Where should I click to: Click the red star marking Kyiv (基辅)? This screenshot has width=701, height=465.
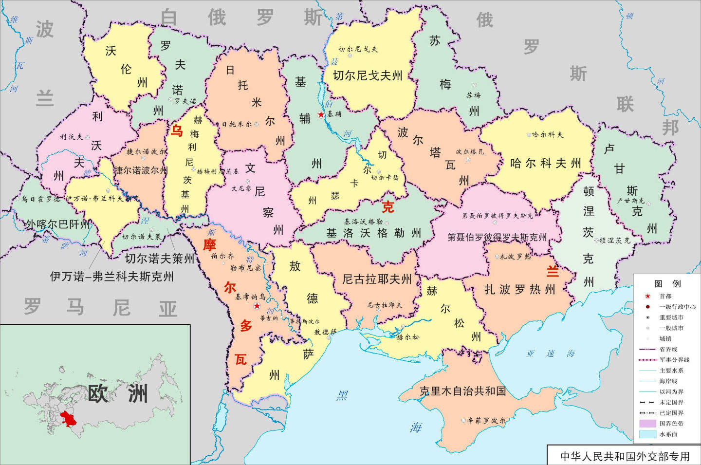pos(321,115)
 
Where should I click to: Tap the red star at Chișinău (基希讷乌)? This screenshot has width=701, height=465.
pos(257,306)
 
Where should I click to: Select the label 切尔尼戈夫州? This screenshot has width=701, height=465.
pos(368,75)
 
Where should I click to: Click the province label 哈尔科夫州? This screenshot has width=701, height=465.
pos(545,163)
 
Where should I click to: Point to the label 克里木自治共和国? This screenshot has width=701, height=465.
pos(462,391)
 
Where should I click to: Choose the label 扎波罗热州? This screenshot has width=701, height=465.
pos(520,290)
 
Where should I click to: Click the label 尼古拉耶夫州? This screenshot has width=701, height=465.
pos(377,279)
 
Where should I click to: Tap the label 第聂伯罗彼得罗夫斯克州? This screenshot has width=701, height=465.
pos(497,237)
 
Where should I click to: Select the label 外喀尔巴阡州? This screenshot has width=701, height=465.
pos(58,224)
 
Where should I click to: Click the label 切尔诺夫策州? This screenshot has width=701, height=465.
pos(159,258)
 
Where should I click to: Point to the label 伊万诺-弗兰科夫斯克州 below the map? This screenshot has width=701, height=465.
pos(111,277)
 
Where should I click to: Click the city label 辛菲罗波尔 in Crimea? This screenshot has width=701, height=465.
pos(486,420)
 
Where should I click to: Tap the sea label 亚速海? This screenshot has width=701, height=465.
pos(550,353)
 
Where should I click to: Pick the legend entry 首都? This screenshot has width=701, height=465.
pos(665,296)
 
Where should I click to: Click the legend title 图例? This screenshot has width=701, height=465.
pos(667,284)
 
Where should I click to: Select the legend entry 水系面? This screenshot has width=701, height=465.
pos(668,434)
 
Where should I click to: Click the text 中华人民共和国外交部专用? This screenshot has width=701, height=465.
pos(625,456)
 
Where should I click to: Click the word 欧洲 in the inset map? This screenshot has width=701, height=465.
pos(117,393)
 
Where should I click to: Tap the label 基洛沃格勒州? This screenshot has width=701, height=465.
pos(373,233)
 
